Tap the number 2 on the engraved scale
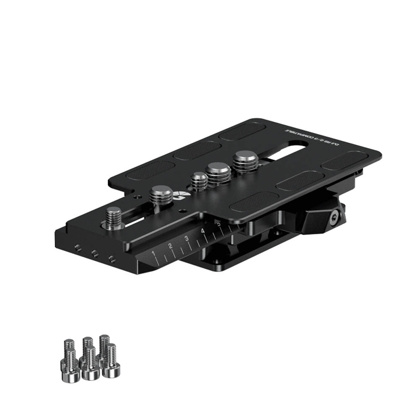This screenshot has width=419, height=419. [x=171, y=246]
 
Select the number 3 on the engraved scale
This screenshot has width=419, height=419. [x=186, y=239]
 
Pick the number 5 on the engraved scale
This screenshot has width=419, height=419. [x=218, y=224]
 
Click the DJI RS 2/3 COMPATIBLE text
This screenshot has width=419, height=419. [x=312, y=137]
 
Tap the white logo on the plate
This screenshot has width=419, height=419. [x=181, y=194]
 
